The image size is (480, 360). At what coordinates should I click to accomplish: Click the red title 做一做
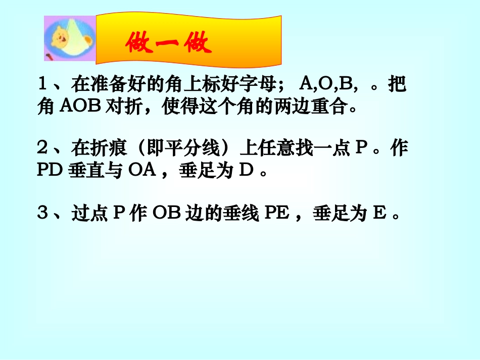(168, 44)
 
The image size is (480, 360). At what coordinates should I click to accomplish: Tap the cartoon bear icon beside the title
(70, 38)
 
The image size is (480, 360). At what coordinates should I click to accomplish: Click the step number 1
(43, 84)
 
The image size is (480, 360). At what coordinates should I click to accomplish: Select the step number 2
(43, 148)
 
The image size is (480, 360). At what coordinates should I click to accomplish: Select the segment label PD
(49, 172)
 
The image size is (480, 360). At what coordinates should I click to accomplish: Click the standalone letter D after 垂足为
(246, 172)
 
